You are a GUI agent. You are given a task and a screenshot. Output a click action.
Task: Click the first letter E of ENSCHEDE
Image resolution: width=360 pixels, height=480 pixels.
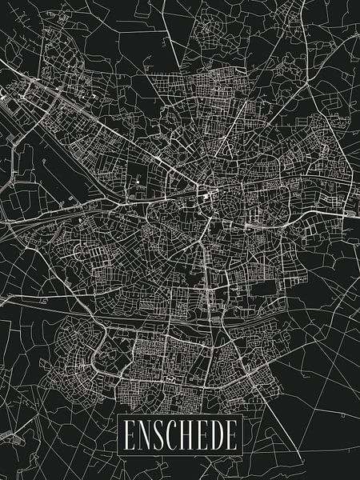point(128,436)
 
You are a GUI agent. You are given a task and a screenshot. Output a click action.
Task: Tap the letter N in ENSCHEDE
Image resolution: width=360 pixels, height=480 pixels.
point(143,436)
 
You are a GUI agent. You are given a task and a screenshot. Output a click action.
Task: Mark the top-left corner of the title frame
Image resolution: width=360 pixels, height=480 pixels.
point(118,417)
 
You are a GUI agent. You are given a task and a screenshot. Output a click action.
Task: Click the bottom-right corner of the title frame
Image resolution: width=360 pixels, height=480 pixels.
point(242,454)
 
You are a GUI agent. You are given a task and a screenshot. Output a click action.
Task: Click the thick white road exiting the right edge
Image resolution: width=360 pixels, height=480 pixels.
point(348,214)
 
